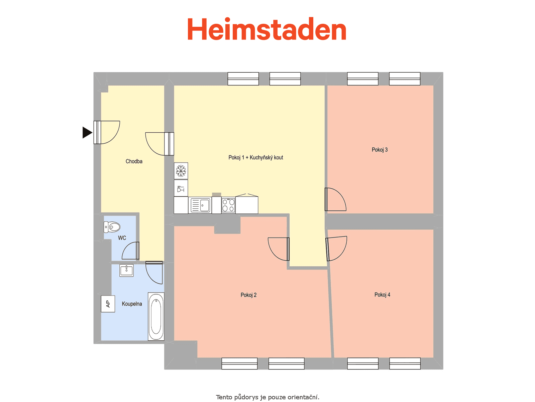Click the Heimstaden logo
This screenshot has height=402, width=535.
pos(266,29)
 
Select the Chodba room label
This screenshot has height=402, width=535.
pos(134,161)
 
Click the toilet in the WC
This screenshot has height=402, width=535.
pos(112,227)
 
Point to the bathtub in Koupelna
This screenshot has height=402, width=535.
pos(156,316)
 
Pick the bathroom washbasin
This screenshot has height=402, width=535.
pos(126,270)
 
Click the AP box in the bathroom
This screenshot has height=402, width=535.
pos(108,304)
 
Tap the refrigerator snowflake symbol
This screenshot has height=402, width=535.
pos(181,171)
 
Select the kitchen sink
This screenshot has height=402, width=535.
pos(200,205)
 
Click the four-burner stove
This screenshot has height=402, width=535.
pos(228,205)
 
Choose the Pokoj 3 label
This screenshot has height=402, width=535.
pos(380,150)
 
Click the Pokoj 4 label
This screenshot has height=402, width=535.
pos(382,295)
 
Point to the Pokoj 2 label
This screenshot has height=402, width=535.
pos(248,295)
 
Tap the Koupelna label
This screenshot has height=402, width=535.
pos(132,304)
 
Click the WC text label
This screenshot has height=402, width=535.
pos(122,238)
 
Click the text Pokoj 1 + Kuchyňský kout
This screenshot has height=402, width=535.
pos(256,158)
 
